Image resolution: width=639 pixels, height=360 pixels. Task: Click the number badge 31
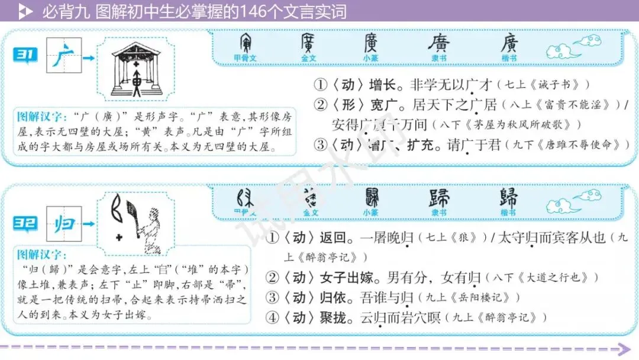[25, 57]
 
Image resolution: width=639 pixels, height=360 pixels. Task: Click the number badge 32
[25, 224]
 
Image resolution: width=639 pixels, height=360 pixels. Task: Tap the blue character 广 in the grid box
[64, 57]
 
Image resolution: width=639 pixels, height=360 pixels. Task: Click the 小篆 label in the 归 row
[371, 213]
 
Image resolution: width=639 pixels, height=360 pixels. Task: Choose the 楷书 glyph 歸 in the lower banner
[508, 198]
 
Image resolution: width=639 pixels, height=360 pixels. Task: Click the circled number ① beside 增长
[320, 85]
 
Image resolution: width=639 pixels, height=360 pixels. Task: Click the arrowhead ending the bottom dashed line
[623, 349]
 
